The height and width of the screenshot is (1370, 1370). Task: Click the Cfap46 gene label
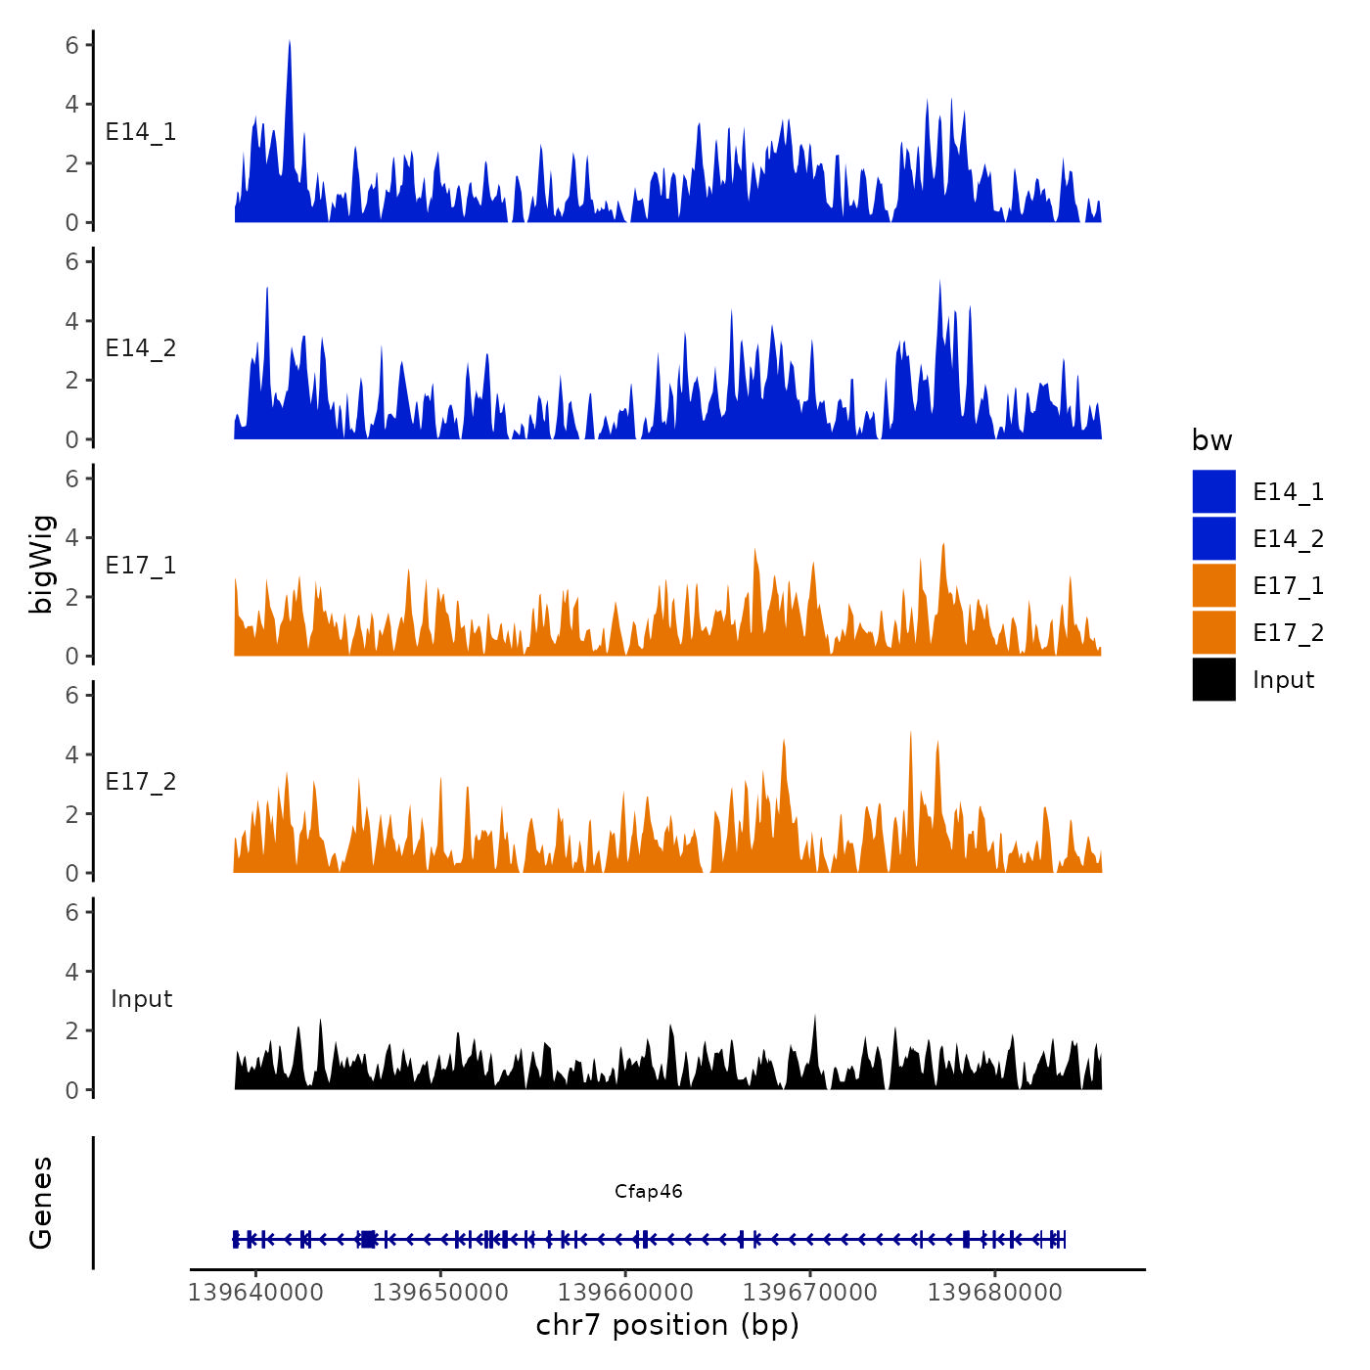click(648, 1191)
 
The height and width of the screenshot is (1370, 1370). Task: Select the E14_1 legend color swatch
click(1213, 491)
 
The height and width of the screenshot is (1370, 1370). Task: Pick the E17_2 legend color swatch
click(1213, 632)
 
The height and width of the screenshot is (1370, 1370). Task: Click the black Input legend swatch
click(1213, 679)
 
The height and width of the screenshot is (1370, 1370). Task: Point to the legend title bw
click(1211, 440)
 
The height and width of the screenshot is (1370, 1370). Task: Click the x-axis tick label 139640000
click(255, 1292)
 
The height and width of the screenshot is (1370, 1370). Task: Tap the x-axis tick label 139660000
click(625, 1292)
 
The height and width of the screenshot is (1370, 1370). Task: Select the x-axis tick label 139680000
click(994, 1292)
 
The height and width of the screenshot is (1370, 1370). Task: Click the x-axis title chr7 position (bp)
click(667, 1325)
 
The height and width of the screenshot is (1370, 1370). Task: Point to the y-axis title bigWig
click(42, 565)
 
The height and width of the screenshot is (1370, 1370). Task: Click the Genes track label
click(41, 1203)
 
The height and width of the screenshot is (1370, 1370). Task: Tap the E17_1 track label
click(141, 566)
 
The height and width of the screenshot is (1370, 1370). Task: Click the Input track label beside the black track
click(141, 999)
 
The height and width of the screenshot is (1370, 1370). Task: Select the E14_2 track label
click(141, 348)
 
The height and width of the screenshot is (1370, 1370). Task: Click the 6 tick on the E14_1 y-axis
click(72, 45)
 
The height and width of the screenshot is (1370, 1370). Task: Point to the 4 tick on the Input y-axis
click(72, 972)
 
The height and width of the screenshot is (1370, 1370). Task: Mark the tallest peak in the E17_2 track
click(910, 733)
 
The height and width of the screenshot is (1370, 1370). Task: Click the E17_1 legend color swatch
click(1213, 585)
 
